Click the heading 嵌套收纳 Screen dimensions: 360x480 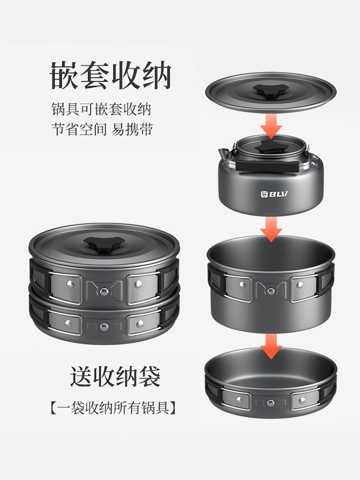click(110, 75)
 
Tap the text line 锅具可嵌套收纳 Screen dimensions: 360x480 click(101, 109)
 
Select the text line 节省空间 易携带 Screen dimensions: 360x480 click(102, 129)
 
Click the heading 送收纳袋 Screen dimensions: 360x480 click(115, 376)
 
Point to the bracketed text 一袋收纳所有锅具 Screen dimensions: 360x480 click(113, 408)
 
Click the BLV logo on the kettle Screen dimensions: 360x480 click(274, 194)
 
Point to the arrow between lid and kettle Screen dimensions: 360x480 click(271, 126)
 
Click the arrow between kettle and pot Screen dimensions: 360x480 click(271, 229)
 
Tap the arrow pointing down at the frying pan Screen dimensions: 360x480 click(271, 346)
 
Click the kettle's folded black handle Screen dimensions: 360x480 click(267, 166)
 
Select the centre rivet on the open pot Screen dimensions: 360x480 click(271, 290)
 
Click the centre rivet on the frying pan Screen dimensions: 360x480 click(270, 403)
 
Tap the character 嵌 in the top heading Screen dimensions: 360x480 click(64, 75)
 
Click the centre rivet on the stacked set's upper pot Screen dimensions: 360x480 click(104, 290)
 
